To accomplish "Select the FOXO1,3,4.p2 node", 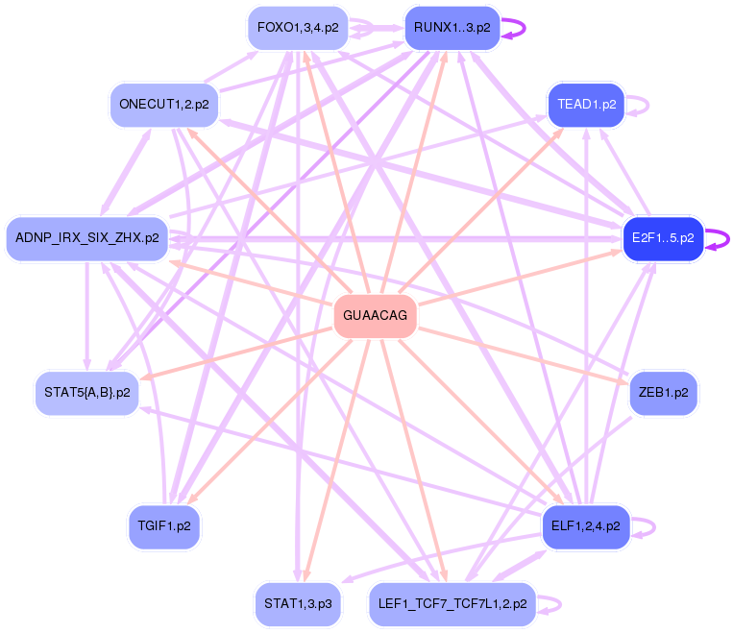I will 297,28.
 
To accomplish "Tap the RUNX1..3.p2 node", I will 452,28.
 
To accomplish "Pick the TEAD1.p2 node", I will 586,104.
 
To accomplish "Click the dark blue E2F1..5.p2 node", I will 663,238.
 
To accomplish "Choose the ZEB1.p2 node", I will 663,393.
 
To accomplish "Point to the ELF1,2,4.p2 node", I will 586,526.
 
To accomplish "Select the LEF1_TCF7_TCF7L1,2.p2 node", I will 452,604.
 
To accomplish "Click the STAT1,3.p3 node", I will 298,604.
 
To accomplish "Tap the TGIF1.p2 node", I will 164,526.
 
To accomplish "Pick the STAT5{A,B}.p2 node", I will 86,393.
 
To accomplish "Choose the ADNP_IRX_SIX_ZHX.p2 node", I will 86,238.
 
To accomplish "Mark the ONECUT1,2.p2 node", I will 164,104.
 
